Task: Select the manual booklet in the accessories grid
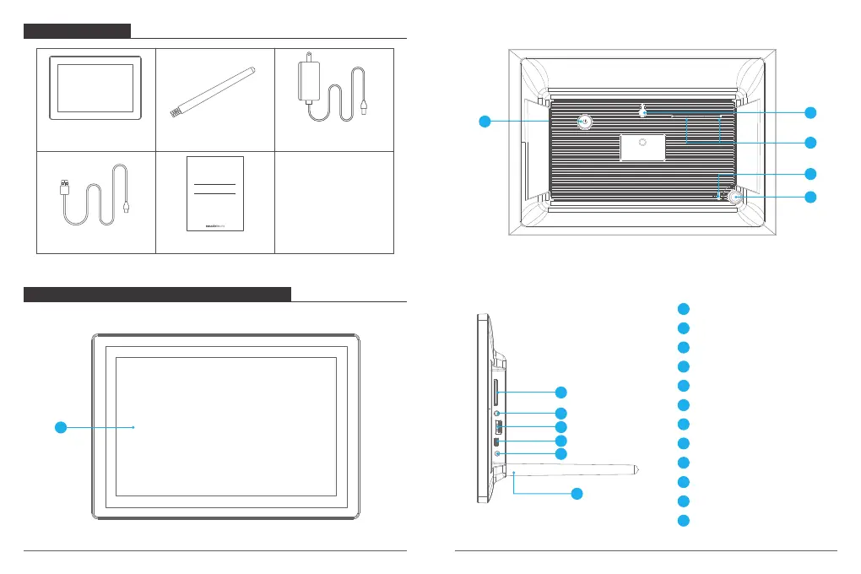pyautogui.click(x=215, y=193)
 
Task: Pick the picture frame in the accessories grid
pyautogui.click(x=95, y=89)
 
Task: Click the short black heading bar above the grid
pyautogui.click(x=77, y=31)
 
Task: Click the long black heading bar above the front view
pyautogui.click(x=157, y=294)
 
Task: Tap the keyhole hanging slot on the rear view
pyautogui.click(x=643, y=111)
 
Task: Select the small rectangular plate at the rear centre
pyautogui.click(x=642, y=147)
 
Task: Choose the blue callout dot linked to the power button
pyautogui.click(x=484, y=122)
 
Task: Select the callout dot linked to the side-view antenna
pyautogui.click(x=577, y=494)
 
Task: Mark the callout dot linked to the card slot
pyautogui.click(x=560, y=393)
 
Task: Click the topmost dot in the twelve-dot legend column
pyautogui.click(x=685, y=309)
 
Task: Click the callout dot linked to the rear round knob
pyautogui.click(x=810, y=198)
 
